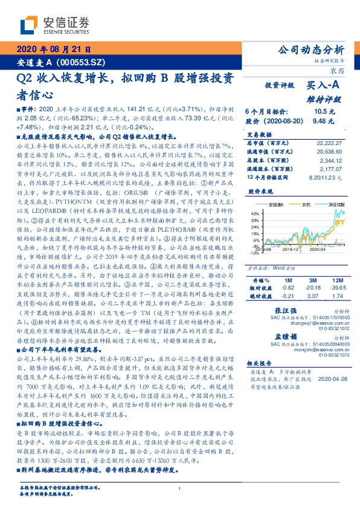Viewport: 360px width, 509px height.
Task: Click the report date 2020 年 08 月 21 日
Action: (53, 50)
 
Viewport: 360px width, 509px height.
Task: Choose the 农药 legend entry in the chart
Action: (307, 205)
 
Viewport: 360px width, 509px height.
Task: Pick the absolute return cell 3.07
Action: (310, 296)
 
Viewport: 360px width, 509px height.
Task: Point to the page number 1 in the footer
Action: (180, 488)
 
